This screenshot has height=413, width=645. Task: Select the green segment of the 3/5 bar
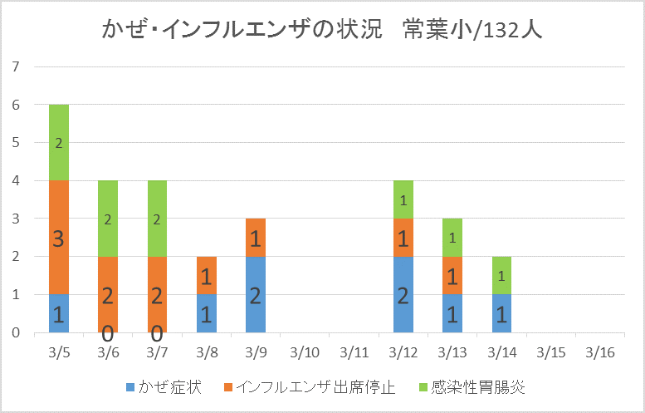click(x=59, y=142)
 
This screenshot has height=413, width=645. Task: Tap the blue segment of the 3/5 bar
click(x=59, y=313)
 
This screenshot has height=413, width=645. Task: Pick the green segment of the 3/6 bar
click(x=108, y=219)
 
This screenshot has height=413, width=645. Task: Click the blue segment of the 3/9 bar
click(x=256, y=294)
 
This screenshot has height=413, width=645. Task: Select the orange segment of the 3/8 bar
click(x=207, y=275)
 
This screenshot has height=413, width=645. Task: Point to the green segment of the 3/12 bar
click(x=403, y=199)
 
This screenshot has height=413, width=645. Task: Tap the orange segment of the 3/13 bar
click(x=452, y=275)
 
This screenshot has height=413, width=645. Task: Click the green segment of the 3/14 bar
click(x=501, y=275)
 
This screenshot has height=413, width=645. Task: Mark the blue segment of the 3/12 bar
click(x=403, y=294)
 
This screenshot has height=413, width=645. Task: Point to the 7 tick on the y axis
click(x=16, y=66)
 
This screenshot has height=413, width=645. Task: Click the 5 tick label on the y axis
click(x=16, y=142)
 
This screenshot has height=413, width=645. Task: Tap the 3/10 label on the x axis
click(x=305, y=352)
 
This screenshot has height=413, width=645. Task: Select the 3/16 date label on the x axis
click(x=600, y=352)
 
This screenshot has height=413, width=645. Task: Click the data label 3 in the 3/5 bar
click(x=59, y=238)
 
